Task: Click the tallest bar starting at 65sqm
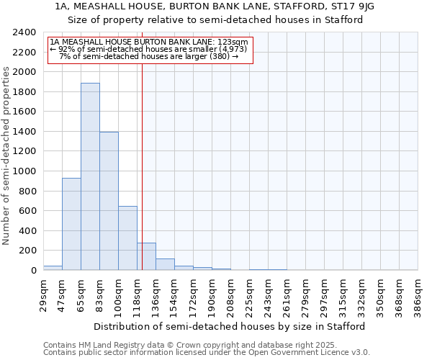(x=90, y=176)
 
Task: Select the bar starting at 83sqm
(x=109, y=201)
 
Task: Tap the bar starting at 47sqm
(x=71, y=224)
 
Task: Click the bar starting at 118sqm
(x=146, y=256)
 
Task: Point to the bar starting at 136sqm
(x=165, y=264)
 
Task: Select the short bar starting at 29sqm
(x=53, y=268)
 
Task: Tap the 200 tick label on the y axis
(x=28, y=251)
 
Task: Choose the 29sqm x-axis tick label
(x=43, y=294)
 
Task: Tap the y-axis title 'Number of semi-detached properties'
(x=6, y=156)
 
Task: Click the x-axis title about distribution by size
(x=230, y=326)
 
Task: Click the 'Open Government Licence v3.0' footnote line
(x=207, y=353)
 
